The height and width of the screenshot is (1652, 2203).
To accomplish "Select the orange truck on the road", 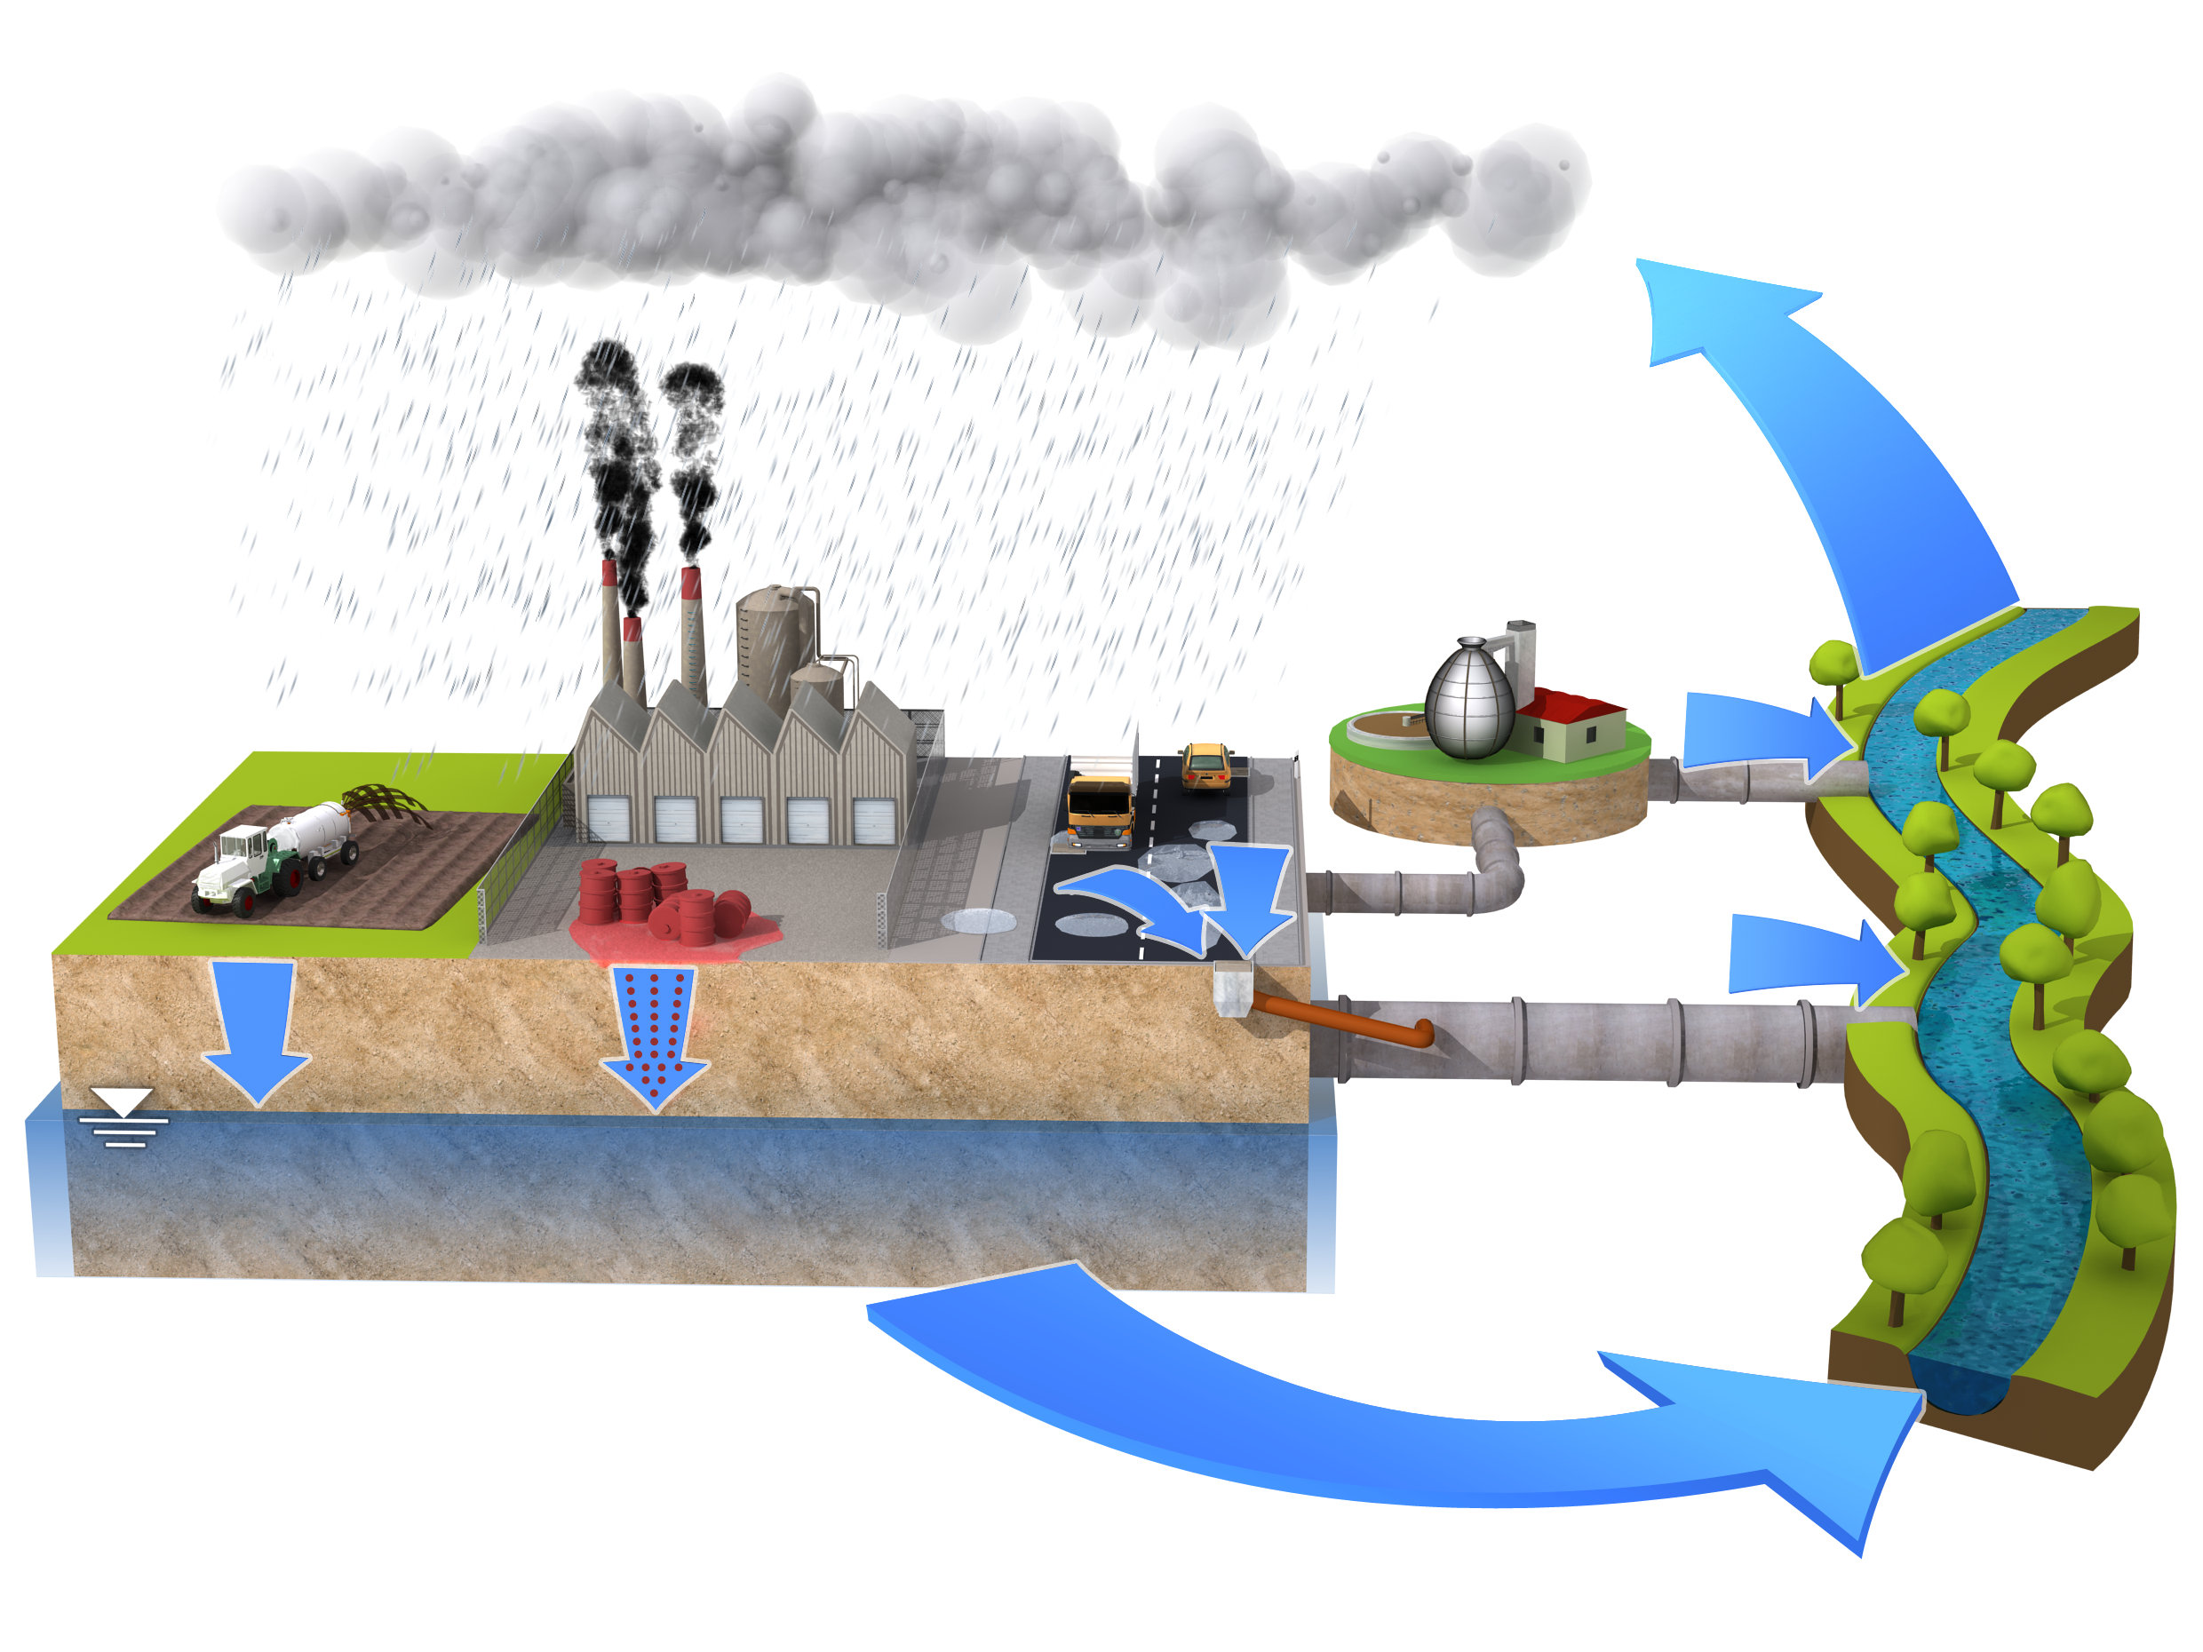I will tap(1099, 808).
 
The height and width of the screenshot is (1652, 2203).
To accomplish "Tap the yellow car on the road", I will tap(1205, 766).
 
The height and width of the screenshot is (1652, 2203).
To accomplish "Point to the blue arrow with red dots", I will tap(653, 1036).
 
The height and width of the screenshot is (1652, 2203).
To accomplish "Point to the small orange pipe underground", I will tap(1345, 1021).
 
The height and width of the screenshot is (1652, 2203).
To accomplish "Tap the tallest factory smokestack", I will tap(694, 638).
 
